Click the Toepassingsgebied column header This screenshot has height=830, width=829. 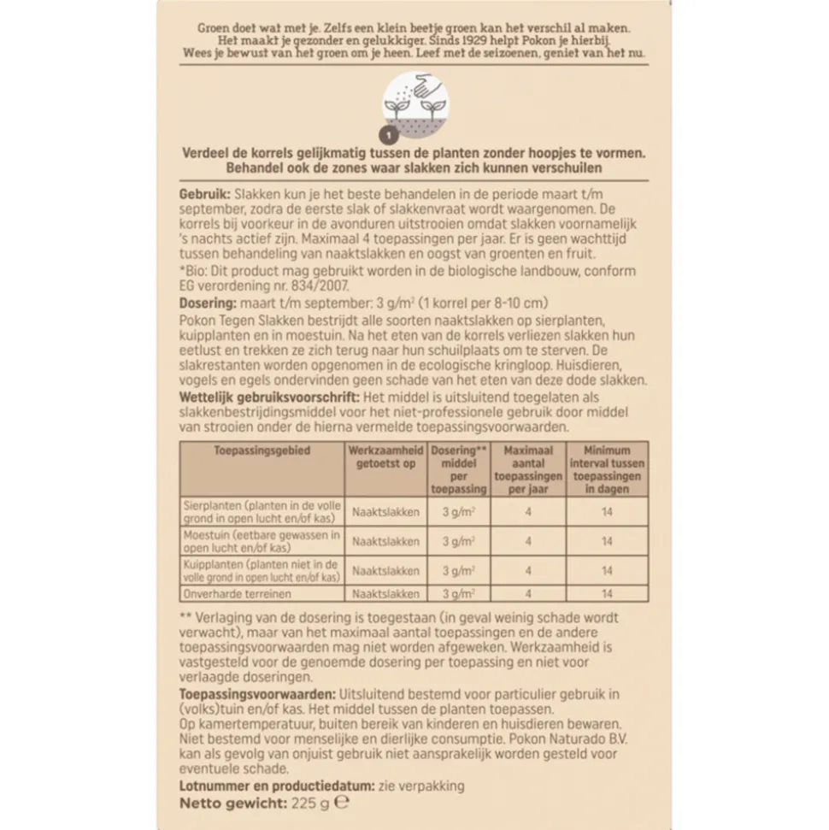(262, 450)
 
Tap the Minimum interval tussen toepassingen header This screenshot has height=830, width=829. (606, 469)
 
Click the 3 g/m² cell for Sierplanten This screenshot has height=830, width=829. (459, 512)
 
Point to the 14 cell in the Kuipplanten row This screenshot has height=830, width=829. (606, 570)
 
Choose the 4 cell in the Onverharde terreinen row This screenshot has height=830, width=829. (528, 594)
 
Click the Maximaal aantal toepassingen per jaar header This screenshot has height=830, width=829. (528, 469)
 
